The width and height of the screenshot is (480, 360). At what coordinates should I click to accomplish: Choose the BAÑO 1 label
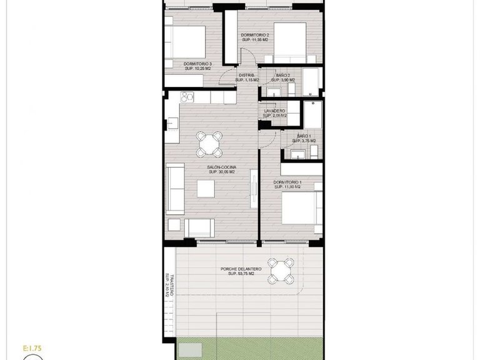point(304,139)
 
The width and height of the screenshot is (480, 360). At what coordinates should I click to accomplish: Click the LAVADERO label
point(275,113)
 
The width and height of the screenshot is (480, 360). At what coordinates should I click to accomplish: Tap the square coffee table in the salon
point(206,188)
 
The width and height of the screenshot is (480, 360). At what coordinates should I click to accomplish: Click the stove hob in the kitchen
point(186,97)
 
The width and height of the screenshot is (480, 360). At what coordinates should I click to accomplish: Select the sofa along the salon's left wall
point(174,187)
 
